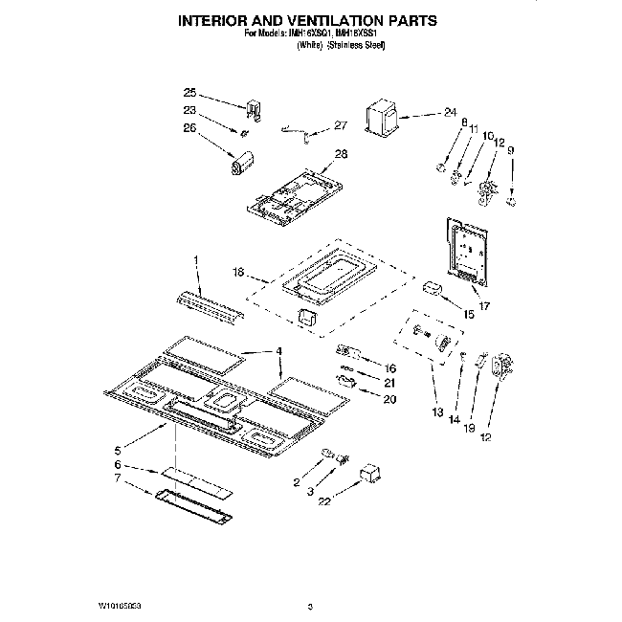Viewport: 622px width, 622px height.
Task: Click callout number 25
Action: tap(189, 93)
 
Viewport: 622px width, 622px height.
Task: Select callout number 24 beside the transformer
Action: tap(450, 112)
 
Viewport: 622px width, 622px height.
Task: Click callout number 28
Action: tap(342, 154)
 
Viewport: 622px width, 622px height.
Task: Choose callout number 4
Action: tap(279, 350)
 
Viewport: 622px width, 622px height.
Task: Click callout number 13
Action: tap(437, 413)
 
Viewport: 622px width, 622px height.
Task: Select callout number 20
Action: tap(389, 399)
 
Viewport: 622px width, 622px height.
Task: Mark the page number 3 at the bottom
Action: tap(311, 607)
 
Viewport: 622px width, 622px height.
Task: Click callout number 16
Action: tap(389, 367)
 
